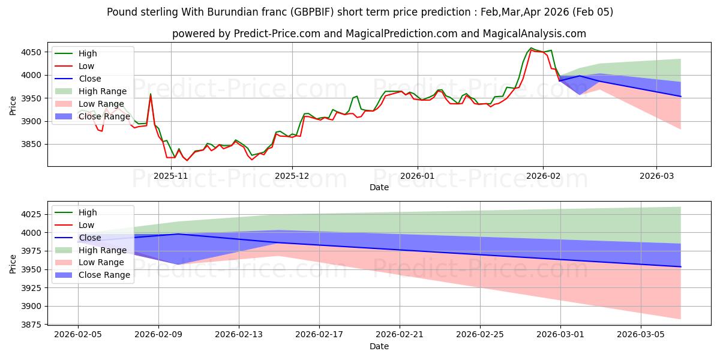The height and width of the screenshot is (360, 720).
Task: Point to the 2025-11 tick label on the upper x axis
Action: [171, 175]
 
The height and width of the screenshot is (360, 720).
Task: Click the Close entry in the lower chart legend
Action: [90, 238]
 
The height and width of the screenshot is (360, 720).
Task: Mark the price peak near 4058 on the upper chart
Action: [531, 48]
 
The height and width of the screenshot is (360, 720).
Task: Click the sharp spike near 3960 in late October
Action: [151, 94]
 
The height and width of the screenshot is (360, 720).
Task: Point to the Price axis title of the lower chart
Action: [13, 264]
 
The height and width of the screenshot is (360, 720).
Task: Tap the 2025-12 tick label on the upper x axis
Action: [292, 175]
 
